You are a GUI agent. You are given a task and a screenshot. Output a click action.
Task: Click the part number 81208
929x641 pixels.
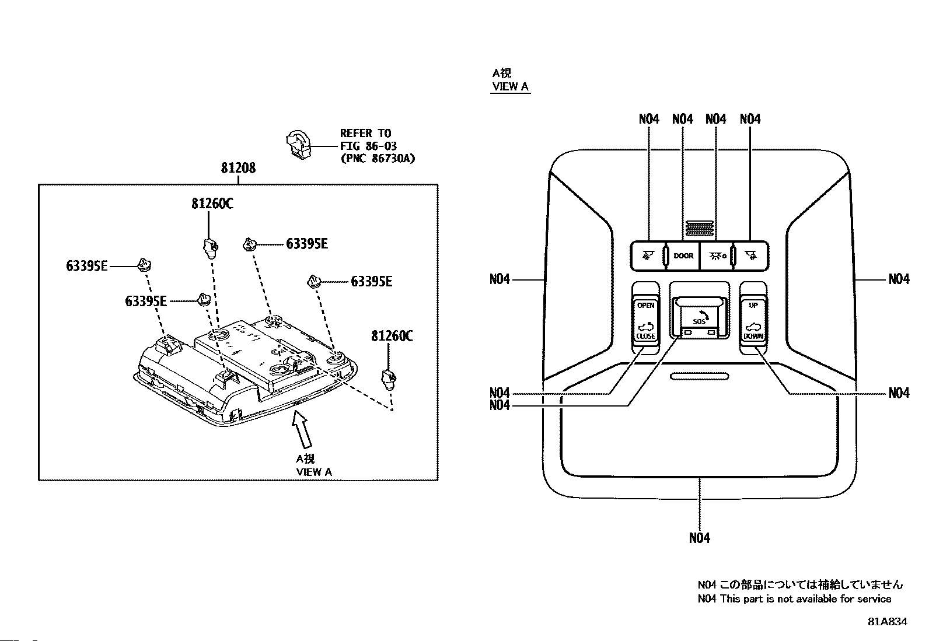tap(238, 168)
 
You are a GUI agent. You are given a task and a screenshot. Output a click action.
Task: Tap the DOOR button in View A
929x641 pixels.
tap(683, 256)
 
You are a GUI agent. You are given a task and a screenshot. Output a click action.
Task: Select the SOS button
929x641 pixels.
tap(699, 318)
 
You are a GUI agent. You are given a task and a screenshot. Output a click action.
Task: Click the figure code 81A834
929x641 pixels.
tap(887, 622)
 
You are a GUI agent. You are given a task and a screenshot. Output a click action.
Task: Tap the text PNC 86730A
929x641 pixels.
tap(378, 159)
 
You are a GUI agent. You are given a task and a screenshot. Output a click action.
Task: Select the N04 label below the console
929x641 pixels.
tap(699, 538)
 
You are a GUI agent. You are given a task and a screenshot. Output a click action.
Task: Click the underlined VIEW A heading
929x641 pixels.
tap(510, 87)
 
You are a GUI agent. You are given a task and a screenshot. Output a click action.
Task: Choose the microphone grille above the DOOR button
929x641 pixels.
tap(699, 229)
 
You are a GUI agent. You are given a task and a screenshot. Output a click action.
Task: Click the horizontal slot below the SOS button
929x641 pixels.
tap(699, 376)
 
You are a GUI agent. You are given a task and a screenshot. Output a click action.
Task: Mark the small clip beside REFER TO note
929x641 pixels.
tap(299, 145)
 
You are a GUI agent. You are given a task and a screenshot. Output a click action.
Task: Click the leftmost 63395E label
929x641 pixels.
tap(87, 266)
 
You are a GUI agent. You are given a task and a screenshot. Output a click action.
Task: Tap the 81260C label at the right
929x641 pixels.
tap(392, 336)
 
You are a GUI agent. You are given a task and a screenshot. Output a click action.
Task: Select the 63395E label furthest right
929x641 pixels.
tap(371, 282)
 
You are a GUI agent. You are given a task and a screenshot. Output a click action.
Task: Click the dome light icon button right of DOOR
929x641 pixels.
tap(717, 256)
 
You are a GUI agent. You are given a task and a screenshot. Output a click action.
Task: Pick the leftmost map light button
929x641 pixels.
tap(648, 256)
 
